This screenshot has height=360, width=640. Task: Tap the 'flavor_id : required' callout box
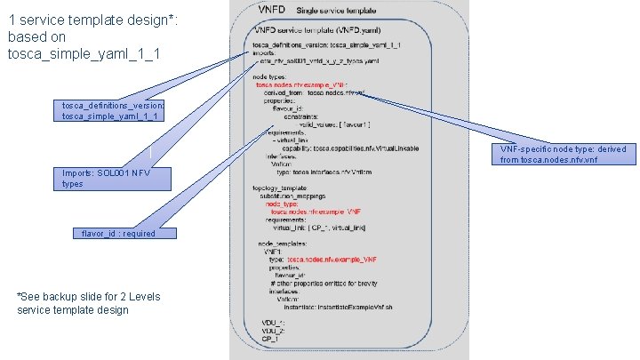click(118, 233)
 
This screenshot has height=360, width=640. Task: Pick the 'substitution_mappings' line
click(300, 196)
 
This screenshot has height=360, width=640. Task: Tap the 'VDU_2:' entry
click(272, 330)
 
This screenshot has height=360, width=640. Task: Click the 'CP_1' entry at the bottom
click(270, 338)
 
